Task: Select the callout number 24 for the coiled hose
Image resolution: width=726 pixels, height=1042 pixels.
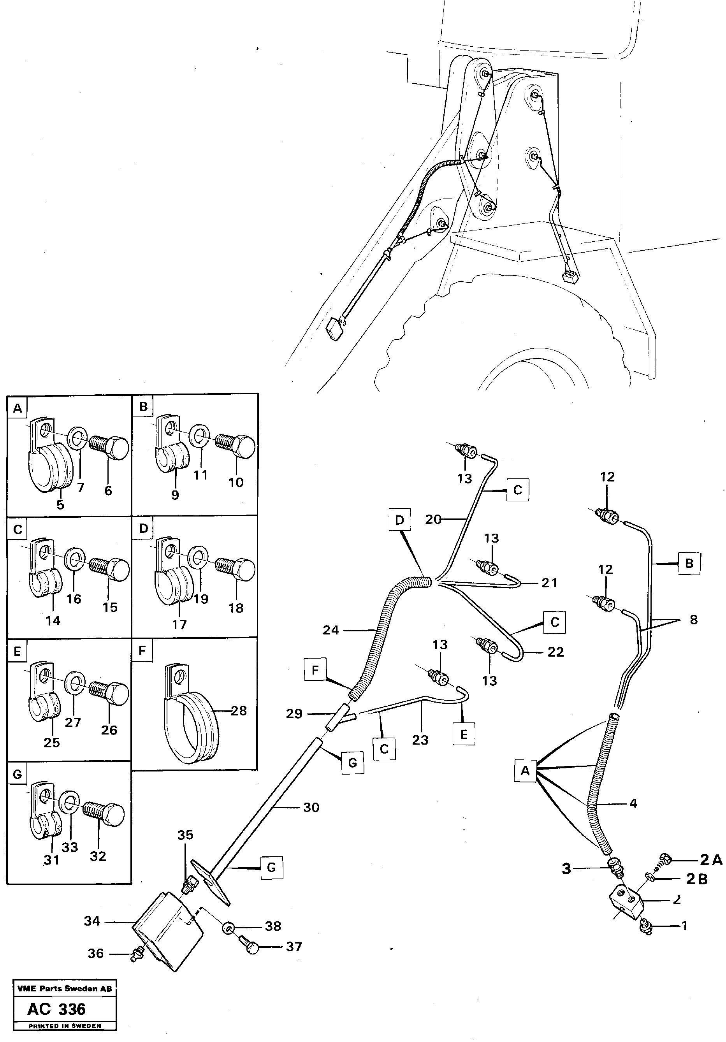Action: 331,630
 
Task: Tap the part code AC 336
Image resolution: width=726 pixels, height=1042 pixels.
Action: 56,1009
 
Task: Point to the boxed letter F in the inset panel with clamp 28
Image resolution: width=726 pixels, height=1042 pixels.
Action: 142,651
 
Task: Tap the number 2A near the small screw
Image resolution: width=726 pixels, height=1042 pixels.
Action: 710,859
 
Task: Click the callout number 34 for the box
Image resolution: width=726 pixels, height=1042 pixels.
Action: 92,921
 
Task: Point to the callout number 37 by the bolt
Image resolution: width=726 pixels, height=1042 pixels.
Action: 294,946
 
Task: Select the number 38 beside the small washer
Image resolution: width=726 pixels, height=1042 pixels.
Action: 273,926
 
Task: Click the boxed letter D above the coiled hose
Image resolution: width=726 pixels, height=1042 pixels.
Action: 399,520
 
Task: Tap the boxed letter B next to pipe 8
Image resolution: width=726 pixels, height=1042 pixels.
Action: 689,564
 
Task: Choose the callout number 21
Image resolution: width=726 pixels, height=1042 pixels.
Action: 550,582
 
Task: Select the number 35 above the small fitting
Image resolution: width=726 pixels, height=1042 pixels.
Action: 185,835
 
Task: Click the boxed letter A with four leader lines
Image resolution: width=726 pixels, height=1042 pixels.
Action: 525,771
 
